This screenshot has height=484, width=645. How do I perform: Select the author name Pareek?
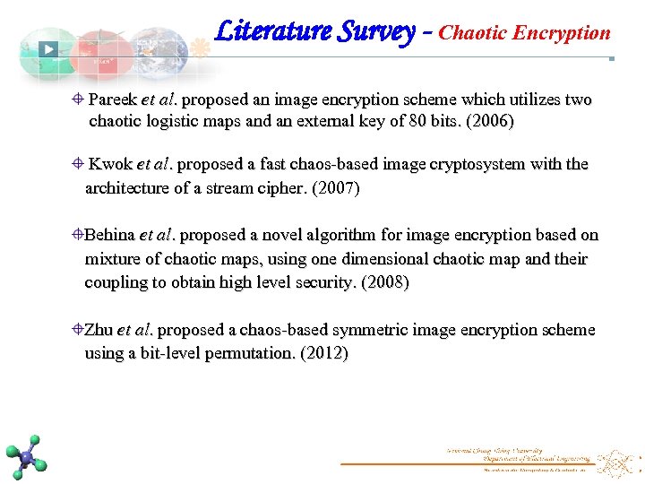point(113,99)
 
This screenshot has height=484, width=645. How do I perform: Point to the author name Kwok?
point(111,165)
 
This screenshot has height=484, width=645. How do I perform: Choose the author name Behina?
point(108,236)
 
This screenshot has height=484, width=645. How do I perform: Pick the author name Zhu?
point(98,330)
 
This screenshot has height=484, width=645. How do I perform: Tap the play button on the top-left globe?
point(48,50)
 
